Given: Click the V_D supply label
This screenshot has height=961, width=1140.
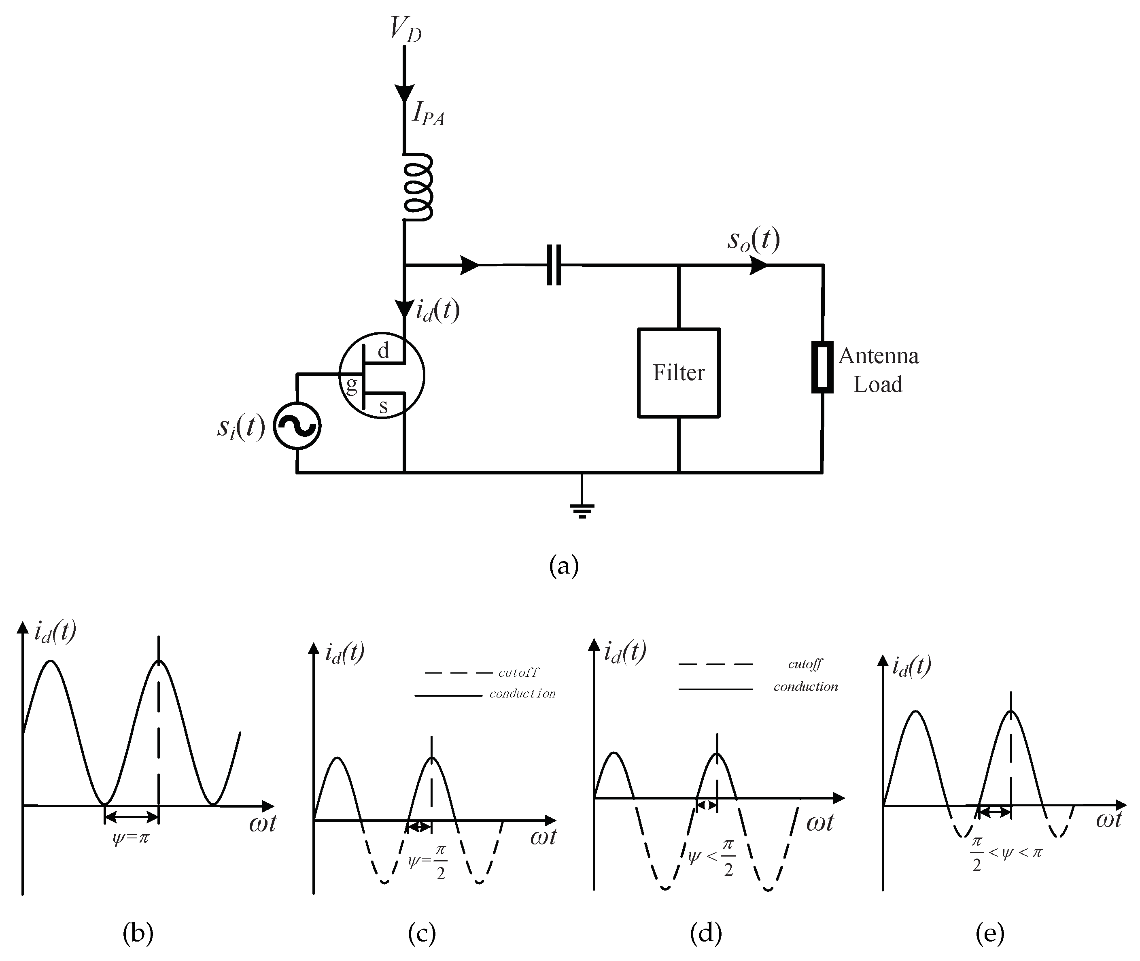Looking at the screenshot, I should click(406, 30).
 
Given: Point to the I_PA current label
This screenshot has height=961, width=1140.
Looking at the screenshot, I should click(428, 115).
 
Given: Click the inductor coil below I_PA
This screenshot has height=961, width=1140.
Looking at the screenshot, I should click(418, 187).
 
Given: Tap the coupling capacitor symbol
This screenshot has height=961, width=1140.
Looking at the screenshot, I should click(554, 265).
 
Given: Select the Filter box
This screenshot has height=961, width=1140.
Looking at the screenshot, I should click(679, 373).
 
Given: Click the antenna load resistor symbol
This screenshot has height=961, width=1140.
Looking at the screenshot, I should click(822, 367).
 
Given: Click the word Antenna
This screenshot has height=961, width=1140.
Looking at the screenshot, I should click(879, 356).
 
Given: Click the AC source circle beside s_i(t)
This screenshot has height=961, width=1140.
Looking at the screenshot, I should click(297, 426).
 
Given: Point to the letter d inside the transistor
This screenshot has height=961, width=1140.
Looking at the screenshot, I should click(384, 351).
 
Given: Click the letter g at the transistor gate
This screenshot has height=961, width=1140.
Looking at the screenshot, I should click(351, 385).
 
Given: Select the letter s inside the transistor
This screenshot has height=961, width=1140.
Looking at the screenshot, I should click(384, 406).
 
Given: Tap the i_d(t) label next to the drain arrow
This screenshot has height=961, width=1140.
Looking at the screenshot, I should click(437, 310).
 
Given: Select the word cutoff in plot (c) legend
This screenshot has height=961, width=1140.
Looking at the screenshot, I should click(518, 673).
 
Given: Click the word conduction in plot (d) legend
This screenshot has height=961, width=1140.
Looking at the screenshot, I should click(806, 687).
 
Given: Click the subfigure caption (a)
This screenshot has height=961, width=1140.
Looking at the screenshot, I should click(564, 566).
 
